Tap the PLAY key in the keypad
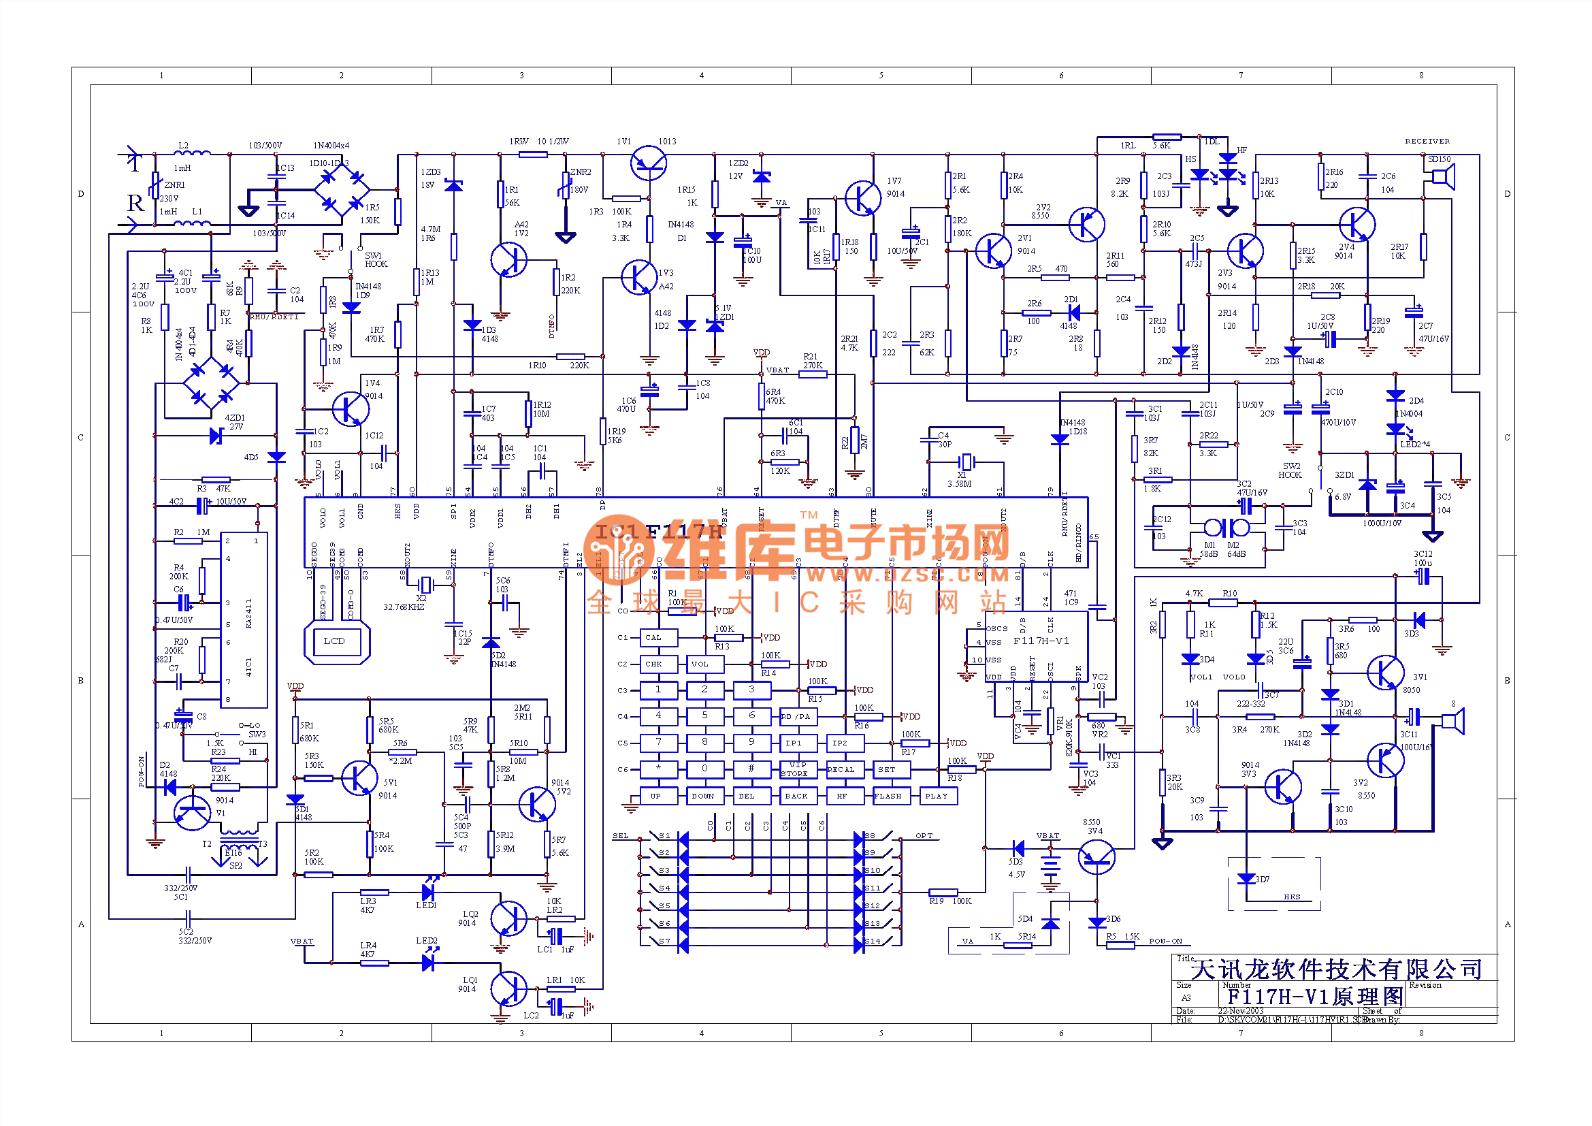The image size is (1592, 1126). (x=937, y=797)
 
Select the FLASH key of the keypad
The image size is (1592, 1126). (x=889, y=797)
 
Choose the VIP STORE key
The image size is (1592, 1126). (x=795, y=770)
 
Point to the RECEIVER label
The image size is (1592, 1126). (x=1427, y=142)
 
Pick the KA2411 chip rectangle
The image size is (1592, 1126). (x=244, y=620)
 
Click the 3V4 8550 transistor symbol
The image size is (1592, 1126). (x=1097, y=857)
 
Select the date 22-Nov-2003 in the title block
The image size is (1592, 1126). (x=1241, y=1011)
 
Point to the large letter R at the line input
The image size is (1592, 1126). (x=135, y=203)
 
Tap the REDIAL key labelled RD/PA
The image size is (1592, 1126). (x=795, y=717)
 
